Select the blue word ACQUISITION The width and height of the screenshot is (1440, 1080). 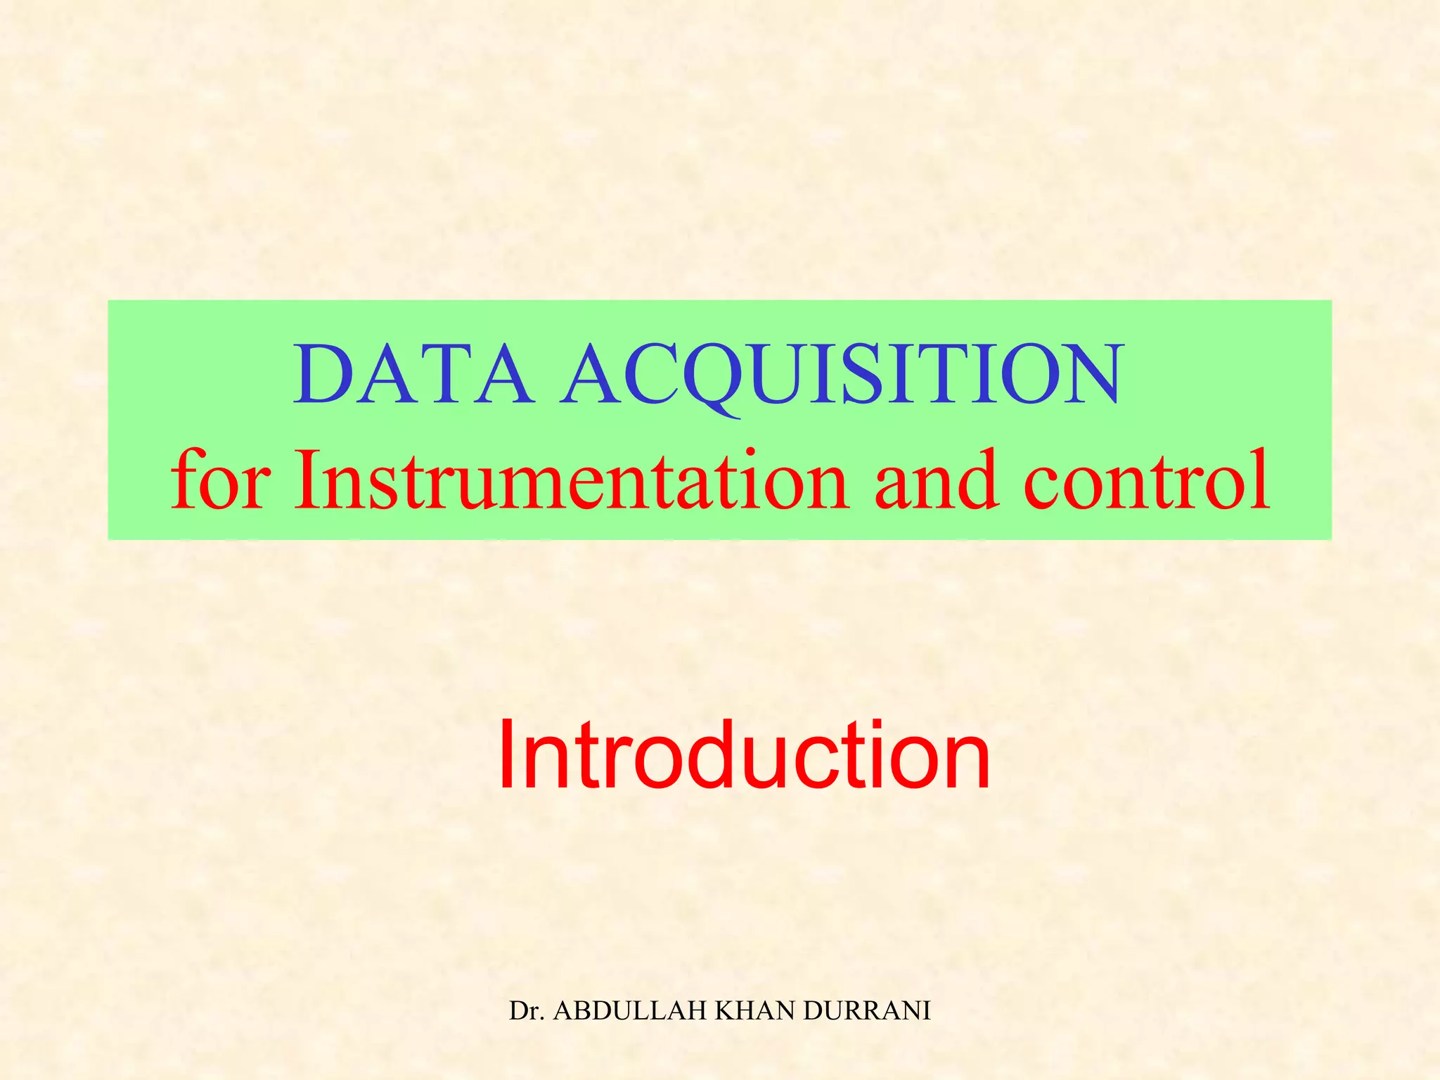pyautogui.click(x=840, y=376)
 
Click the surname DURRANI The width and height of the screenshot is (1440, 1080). pyautogui.click(x=867, y=1010)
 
